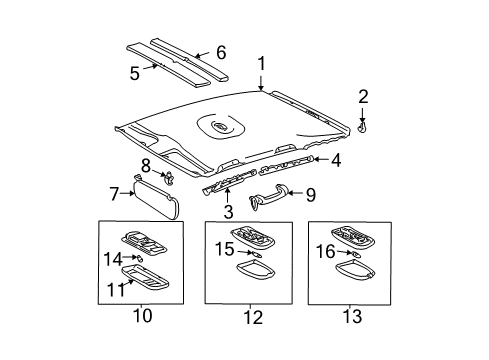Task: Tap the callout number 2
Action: (x=363, y=96)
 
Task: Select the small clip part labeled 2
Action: (x=362, y=125)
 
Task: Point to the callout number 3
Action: (x=227, y=211)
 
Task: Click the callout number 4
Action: (x=336, y=158)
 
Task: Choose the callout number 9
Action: (x=309, y=194)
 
